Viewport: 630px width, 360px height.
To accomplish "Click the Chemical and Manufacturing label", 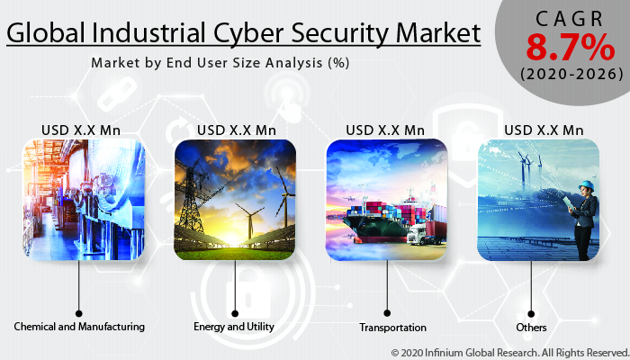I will pyautogui.click(x=79, y=326).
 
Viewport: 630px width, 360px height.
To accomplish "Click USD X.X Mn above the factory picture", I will pyautogui.click(x=80, y=130).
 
